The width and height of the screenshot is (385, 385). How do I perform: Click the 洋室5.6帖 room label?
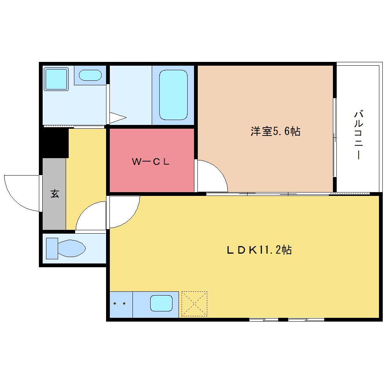click(275, 131)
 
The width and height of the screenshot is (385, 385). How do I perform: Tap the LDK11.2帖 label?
click(259, 250)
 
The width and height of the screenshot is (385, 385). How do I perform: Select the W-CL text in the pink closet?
click(151, 161)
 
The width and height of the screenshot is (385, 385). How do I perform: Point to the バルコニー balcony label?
click(359, 135)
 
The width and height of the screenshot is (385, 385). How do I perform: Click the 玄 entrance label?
click(55, 194)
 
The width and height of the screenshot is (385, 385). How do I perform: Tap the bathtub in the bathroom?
click(173, 95)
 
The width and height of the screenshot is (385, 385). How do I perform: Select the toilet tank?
click(52, 248)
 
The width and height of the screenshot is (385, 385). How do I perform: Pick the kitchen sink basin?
click(161, 303)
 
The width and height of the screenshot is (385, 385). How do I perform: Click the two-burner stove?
click(121, 305)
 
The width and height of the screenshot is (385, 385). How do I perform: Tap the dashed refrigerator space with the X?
click(194, 304)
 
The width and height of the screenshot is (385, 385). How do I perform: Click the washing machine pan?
click(56, 79)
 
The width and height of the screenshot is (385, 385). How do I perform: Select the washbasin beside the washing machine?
click(90, 75)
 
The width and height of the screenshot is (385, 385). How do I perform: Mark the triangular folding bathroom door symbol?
click(118, 118)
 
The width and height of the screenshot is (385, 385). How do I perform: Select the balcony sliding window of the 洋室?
click(335, 137)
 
